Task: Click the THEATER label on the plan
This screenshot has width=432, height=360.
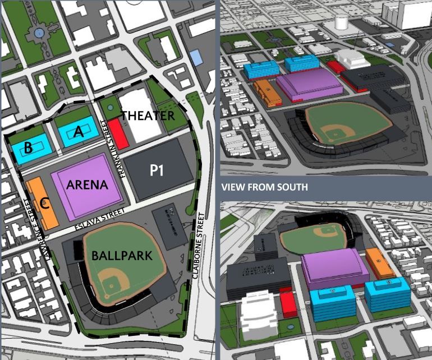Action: (x=148, y=116)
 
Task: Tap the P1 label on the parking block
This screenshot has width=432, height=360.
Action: (x=157, y=170)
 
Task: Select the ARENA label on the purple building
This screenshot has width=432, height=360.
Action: (x=87, y=184)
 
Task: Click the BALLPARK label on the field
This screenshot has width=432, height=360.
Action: (x=122, y=256)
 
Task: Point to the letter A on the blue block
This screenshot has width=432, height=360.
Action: (x=79, y=132)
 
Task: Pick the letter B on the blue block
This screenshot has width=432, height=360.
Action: (x=27, y=148)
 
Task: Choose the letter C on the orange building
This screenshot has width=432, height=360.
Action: (x=45, y=204)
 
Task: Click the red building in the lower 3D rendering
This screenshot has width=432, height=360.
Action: (x=288, y=303)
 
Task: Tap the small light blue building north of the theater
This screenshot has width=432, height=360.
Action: (x=196, y=56)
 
